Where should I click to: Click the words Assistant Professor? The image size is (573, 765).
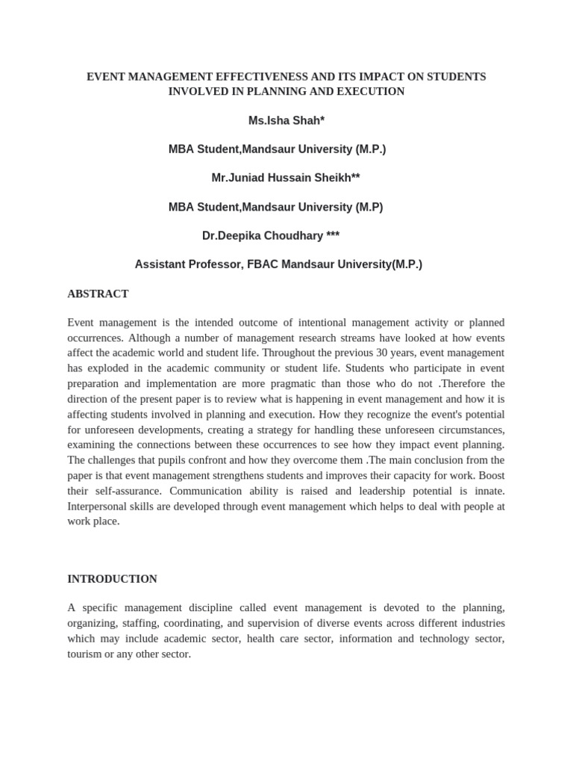pyautogui.click(x=184, y=264)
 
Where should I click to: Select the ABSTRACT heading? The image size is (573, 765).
pyautogui.click(x=98, y=294)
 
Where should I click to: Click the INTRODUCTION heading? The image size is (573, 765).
pyautogui.click(x=112, y=579)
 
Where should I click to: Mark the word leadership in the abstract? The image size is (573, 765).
pyautogui.click(x=386, y=491)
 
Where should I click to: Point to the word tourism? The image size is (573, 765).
pyautogui.click(x=86, y=654)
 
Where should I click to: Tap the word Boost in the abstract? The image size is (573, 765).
pyautogui.click(x=490, y=475)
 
